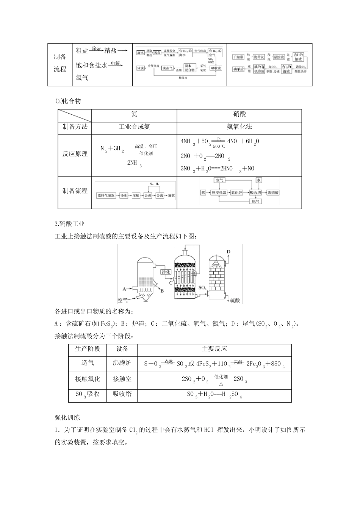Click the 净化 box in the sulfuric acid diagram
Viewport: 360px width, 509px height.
166,272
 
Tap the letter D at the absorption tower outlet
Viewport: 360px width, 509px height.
229,251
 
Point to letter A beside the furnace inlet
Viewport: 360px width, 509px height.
124,289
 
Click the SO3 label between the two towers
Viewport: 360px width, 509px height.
202,288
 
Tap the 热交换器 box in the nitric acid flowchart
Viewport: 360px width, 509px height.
219,193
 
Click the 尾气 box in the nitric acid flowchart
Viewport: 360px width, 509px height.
256,202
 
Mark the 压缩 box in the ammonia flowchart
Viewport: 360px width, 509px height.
136,196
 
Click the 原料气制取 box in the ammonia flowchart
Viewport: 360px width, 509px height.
106,196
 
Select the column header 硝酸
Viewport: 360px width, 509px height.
239,114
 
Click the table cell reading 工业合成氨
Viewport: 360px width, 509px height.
134,127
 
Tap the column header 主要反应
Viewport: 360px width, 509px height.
214,349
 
